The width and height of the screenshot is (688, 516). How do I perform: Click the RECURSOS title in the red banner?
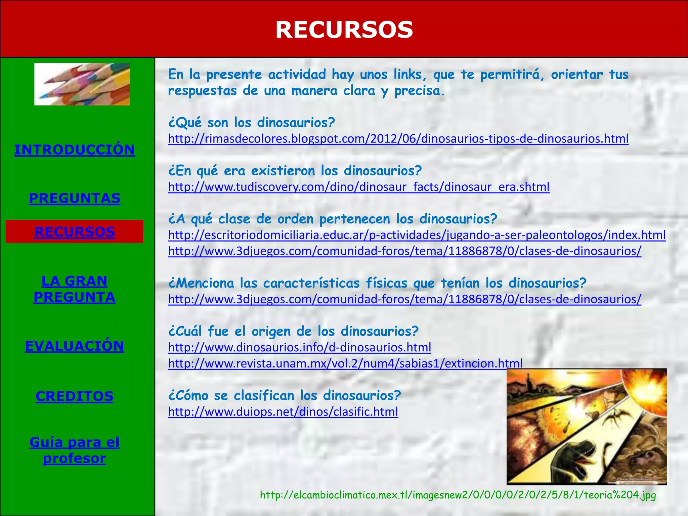pos(344,30)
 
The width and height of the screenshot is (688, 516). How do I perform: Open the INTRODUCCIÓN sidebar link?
pos(74,149)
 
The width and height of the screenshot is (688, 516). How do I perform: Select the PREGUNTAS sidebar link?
pos(74,198)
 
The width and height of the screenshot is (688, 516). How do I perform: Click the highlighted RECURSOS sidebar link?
pos(74,232)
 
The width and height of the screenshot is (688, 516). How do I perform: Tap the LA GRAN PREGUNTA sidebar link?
pos(74,289)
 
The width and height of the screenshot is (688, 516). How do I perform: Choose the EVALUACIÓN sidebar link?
pos(74,346)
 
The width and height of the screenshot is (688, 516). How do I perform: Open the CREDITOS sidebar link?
pos(74,396)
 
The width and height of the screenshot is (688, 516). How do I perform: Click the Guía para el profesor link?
pos(74,450)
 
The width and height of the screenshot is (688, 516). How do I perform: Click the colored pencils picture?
pos(82,84)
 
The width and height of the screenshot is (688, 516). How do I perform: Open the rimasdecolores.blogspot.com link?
pos(398,138)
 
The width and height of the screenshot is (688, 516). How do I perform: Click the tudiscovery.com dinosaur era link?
pos(359,187)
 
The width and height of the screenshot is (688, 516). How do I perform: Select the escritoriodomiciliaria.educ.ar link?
pos(417,235)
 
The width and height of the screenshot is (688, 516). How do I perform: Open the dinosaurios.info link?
pos(300,347)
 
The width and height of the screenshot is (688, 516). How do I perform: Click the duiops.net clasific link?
pos(283,412)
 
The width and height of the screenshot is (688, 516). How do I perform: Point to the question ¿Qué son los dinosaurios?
pos(251,123)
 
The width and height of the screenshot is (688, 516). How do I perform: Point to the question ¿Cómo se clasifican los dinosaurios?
pos(284,395)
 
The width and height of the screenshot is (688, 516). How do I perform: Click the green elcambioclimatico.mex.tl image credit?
pos(458,495)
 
